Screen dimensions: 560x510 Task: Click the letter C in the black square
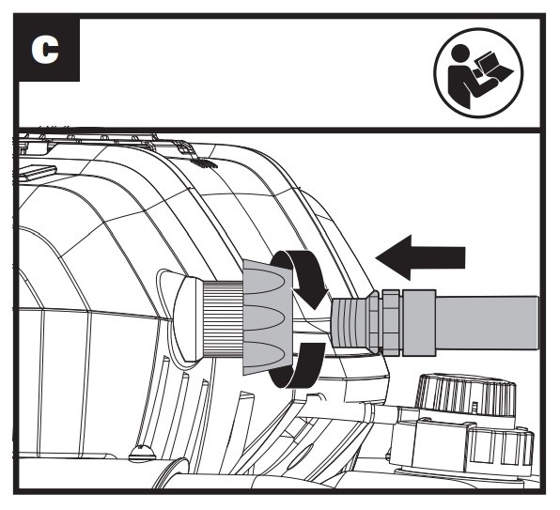coord(45,51)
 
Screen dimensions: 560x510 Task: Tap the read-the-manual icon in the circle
coord(478,72)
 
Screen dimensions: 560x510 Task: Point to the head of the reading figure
coord(460,54)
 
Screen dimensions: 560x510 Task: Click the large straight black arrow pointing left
coord(420,257)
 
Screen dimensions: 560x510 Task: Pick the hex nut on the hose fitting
coord(391,323)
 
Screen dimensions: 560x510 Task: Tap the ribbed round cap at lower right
coord(467,394)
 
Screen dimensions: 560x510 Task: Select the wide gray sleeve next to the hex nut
coord(419,323)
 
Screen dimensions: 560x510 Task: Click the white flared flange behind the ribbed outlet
coord(189,318)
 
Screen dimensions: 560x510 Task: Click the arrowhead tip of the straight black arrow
coord(376,257)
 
